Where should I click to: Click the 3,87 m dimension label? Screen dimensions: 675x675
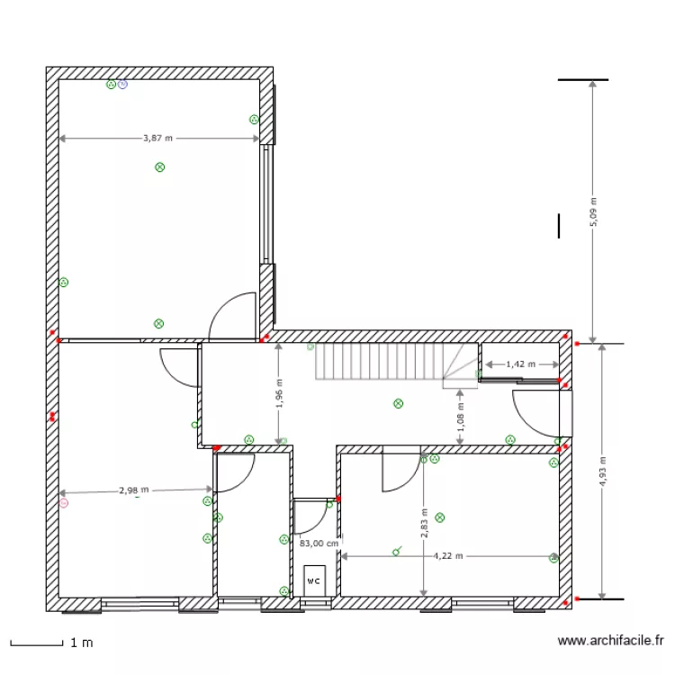coord(157,139)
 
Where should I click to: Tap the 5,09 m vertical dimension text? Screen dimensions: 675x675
coord(593,212)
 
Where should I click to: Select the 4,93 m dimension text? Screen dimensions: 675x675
coord(603,470)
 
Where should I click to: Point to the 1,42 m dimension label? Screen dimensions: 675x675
coord(520,364)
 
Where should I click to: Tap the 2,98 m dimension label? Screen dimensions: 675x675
coord(133,490)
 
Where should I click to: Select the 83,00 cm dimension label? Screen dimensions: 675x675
coord(319,543)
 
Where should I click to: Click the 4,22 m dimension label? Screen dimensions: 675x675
coord(447,556)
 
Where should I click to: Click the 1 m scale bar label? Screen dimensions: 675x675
coord(81,643)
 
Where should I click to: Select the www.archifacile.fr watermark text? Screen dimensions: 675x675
coord(611,641)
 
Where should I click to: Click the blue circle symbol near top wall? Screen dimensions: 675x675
coord(123,85)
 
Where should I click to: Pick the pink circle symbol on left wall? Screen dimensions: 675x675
coord(64,504)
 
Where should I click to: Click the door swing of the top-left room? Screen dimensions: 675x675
coord(232,317)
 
